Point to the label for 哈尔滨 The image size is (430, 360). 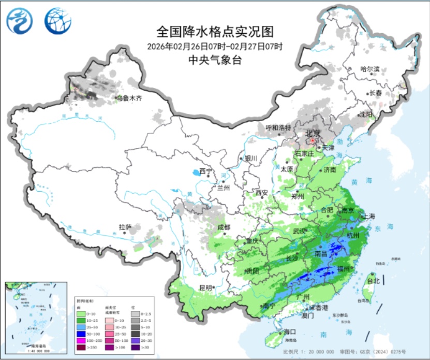(x=369, y=69)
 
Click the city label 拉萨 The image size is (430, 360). (x=125, y=227)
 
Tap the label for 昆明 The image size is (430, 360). (x=205, y=287)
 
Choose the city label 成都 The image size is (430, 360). (x=224, y=227)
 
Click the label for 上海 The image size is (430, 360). (x=369, y=216)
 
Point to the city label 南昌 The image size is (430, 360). (x=321, y=254)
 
